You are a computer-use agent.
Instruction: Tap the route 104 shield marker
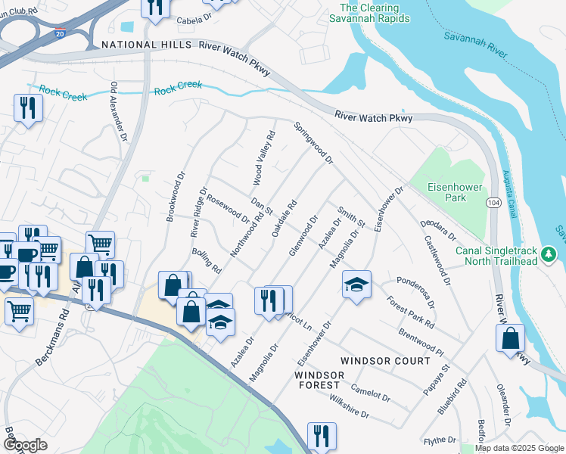493,203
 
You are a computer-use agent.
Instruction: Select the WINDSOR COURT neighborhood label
385,361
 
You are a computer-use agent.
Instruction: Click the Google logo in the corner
26,444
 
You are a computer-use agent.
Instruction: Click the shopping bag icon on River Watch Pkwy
510,337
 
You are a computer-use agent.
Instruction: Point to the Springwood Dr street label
313,143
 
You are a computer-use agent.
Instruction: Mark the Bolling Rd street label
206,260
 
